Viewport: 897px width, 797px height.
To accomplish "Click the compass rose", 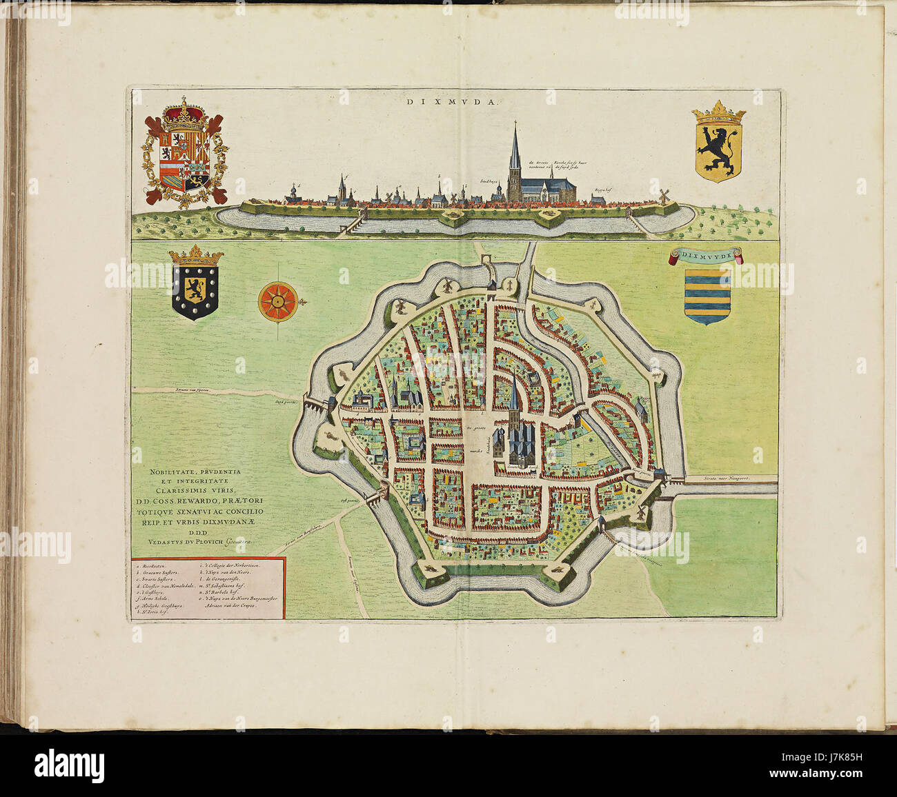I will click(x=278, y=301).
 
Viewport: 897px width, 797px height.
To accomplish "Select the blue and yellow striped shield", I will click(x=707, y=295).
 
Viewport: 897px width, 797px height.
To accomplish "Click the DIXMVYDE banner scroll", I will click(x=707, y=256).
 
